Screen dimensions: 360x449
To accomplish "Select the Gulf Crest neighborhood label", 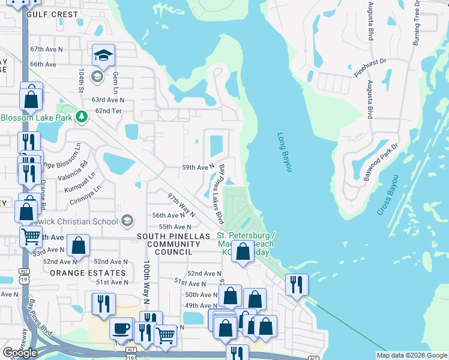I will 52,14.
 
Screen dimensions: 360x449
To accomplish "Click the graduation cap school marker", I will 103,56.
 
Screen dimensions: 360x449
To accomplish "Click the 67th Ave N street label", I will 43,49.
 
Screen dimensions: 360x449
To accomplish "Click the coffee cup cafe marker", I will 121,328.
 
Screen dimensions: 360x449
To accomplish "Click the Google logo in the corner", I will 20,352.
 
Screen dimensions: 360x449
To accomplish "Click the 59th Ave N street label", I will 198,167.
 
